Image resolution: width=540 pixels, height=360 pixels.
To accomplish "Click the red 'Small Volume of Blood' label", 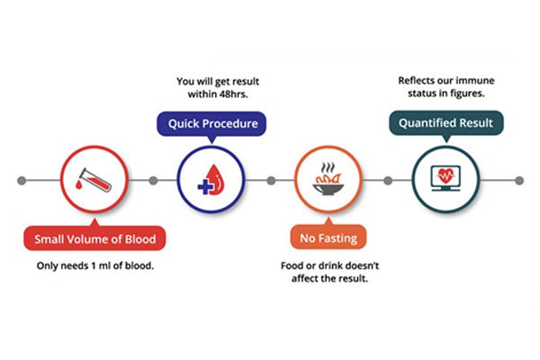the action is point(94,238).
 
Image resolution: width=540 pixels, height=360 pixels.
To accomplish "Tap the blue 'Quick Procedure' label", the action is point(211,123).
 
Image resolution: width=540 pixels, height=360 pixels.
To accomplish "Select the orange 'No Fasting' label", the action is point(328,238).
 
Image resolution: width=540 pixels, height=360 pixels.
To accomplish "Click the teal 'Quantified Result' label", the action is point(446,122).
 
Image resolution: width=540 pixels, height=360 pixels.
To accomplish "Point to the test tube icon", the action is point(94,179).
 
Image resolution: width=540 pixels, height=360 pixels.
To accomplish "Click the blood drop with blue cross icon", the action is point(211,180).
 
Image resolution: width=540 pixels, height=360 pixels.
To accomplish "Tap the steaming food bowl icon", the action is point(328,178).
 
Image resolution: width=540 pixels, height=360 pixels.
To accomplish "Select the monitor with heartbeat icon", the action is point(446,178).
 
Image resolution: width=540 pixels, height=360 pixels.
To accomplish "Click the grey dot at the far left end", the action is point(22,181).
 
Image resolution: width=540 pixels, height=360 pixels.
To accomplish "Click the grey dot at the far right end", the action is point(519,181).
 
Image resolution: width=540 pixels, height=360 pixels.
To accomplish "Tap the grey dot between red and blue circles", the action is point(153,181).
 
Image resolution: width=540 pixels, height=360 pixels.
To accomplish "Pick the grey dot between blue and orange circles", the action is point(271,181).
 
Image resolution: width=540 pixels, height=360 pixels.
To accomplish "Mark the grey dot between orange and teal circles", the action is point(388,181).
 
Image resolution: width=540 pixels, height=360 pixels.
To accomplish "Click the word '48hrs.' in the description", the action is point(233,94).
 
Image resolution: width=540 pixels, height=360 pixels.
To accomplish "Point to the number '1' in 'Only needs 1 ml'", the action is point(93,266).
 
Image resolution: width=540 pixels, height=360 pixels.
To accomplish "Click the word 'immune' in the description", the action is point(477,81).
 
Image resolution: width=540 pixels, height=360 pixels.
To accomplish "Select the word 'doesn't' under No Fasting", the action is point(362,265).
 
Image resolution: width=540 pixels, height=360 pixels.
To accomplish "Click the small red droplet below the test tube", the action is point(79,185).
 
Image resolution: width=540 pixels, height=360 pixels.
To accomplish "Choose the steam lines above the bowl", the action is point(328,167).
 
